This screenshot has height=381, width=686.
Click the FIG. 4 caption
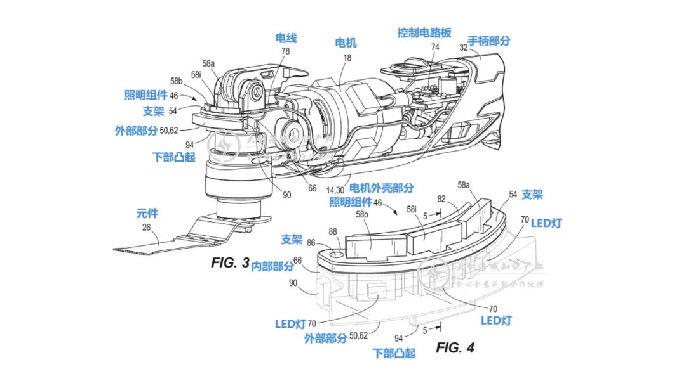pyautogui.click(x=455, y=347)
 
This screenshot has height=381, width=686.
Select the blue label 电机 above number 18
pyautogui.click(x=346, y=43)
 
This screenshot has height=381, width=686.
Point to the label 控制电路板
pyautogui.click(x=424, y=32)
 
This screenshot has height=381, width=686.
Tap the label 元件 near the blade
pyautogui.click(x=147, y=213)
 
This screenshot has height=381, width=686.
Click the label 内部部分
pyautogui.click(x=272, y=266)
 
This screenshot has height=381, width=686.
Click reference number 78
pyautogui.click(x=285, y=51)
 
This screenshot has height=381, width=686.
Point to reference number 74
pyautogui.click(x=434, y=47)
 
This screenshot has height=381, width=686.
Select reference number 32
pyautogui.click(x=463, y=48)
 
